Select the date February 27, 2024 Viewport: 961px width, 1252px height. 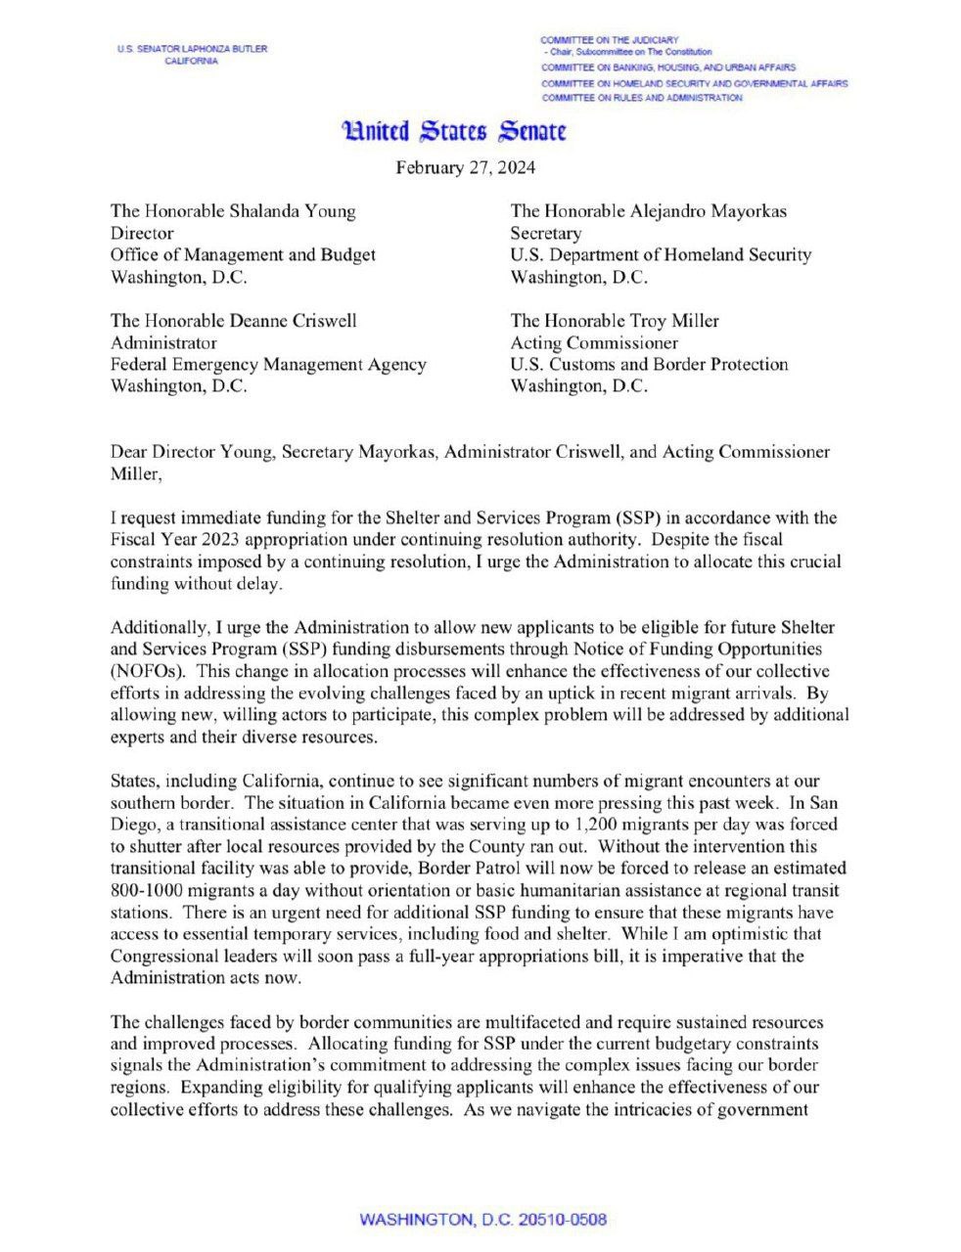465,167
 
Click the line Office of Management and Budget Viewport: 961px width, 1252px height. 243,255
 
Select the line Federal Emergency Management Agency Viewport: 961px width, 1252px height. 268,365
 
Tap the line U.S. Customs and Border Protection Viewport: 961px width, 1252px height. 649,365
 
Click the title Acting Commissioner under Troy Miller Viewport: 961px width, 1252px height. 579,343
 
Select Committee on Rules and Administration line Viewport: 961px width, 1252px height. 641,98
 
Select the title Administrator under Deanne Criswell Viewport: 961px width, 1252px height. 163,343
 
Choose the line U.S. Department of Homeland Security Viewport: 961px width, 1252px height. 661,255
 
